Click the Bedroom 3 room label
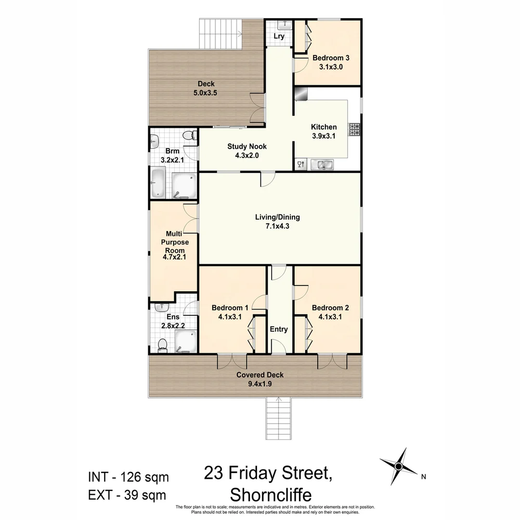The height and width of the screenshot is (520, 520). coord(331,58)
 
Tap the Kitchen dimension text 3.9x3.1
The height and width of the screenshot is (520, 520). coord(324,136)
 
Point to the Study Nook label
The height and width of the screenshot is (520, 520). coord(247,146)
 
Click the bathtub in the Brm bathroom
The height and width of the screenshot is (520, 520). coord(157,183)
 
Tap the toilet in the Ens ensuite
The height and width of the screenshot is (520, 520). coord(163,344)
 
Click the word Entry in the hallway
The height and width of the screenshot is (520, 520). coord(279,329)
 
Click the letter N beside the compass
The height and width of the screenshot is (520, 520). coord(423,477)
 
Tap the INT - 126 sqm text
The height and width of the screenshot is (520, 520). coord(128,477)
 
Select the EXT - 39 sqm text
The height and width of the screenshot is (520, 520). coord(127,494)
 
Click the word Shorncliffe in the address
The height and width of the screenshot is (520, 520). coord(271,494)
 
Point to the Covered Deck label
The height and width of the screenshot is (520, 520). coord(260,375)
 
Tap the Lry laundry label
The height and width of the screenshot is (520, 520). coord(279,36)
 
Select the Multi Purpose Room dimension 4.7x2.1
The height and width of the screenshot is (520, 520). coord(174,258)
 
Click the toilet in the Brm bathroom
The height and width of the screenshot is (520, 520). coord(193,136)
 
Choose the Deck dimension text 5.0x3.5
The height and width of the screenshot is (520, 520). coord(206,93)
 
